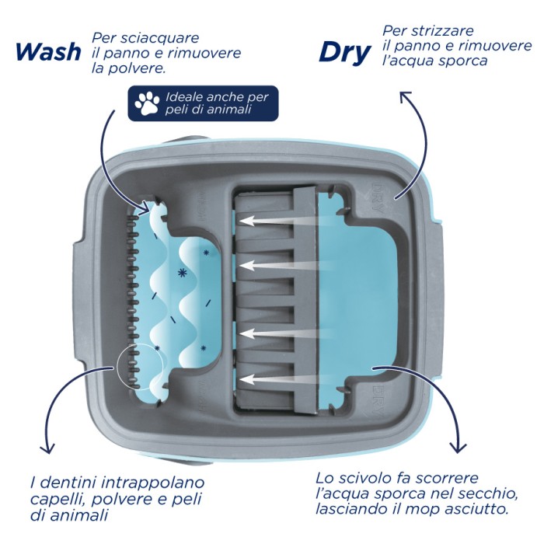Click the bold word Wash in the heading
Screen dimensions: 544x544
click(x=48, y=52)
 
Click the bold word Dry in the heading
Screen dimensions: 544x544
click(x=344, y=53)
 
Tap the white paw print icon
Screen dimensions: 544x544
click(x=147, y=103)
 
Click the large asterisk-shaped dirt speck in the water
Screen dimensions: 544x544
click(x=182, y=273)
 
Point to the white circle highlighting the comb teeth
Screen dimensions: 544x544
click(x=118, y=366)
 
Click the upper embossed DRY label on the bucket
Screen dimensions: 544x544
click(x=378, y=197)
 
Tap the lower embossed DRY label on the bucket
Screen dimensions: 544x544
click(x=378, y=400)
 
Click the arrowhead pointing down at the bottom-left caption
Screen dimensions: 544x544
click(x=47, y=448)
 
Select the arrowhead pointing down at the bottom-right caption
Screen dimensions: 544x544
click(x=458, y=447)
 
